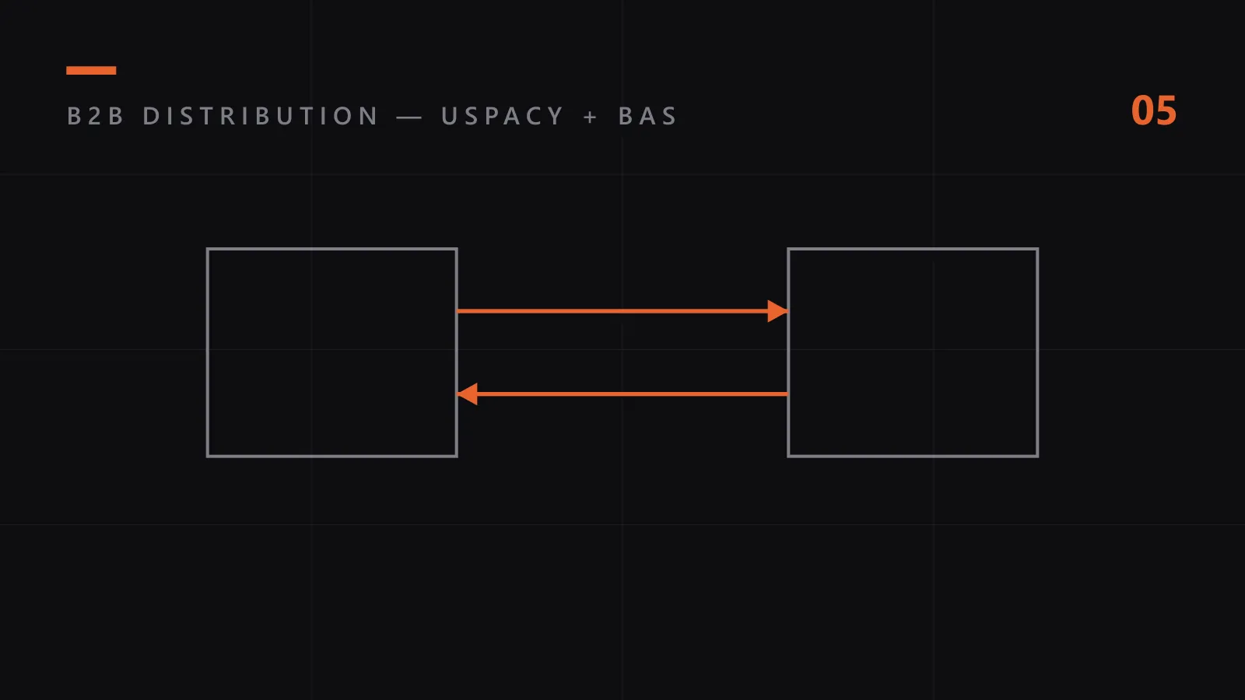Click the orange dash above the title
point(91,70)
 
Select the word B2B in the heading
point(95,116)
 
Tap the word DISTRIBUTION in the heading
point(260,116)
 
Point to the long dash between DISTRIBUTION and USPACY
point(409,117)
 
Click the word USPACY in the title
point(503,116)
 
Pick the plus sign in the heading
point(591,117)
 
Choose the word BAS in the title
point(647,116)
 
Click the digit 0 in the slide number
point(1142,110)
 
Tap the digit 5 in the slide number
point(1166,110)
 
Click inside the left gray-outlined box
point(331,353)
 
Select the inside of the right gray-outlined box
point(913,353)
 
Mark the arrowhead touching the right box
point(777,311)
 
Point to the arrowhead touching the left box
point(467,394)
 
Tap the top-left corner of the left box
point(207,249)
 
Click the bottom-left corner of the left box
point(207,457)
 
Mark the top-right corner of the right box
point(1038,249)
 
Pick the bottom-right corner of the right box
point(1038,457)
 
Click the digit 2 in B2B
point(95,116)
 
